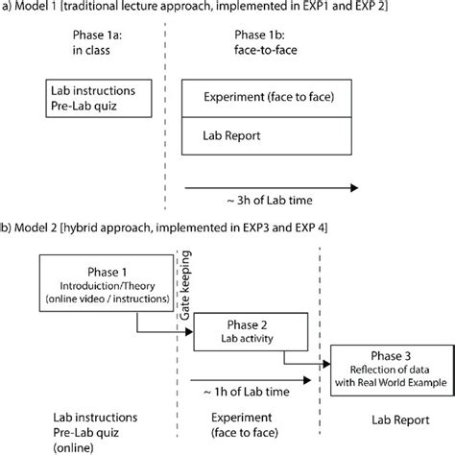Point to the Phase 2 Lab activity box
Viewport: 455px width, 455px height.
pos(241,329)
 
